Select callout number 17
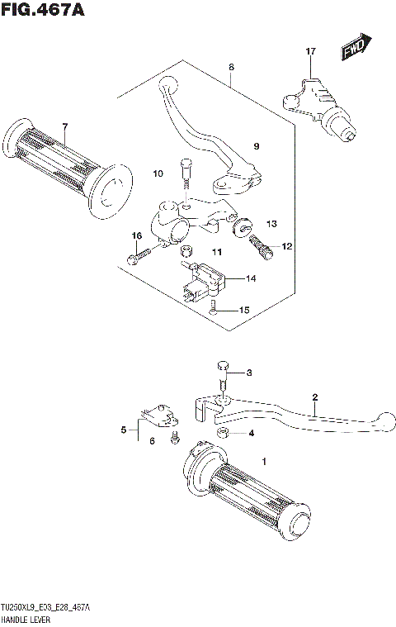coord(310,52)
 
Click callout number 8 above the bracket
coord(232,67)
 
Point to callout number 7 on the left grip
coord(64,126)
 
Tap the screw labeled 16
coord(137,255)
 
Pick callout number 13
coord(271,223)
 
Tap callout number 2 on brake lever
coord(314,398)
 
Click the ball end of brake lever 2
coord(380,419)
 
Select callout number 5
coord(125,430)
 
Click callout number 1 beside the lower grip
coord(264,460)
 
